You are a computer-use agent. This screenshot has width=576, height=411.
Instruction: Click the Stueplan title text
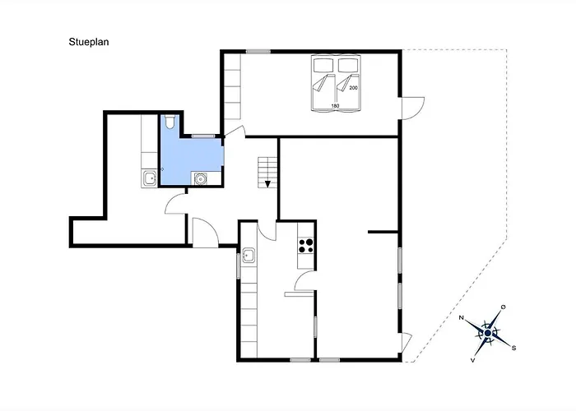tap(89, 42)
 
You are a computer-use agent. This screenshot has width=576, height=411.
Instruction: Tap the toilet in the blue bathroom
tap(170, 122)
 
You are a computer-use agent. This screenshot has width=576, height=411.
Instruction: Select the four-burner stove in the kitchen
tap(306, 246)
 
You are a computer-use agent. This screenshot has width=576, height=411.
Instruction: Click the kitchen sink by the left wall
tap(249, 255)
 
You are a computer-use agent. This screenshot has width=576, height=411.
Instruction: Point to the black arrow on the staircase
tap(267, 184)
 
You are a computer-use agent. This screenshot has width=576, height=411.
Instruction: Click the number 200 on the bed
tap(353, 88)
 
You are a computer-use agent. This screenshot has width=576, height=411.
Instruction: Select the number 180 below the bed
tap(335, 106)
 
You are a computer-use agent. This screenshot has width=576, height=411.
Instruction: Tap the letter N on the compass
tap(462, 318)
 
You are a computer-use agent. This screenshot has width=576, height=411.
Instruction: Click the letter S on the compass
tap(514, 348)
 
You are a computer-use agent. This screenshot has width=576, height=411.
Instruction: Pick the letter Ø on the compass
tap(504, 307)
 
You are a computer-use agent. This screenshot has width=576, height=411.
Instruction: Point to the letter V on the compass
tap(473, 360)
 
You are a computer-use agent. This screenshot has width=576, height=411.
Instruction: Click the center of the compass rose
tap(488, 333)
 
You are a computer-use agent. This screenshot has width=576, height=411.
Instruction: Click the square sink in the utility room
tap(150, 178)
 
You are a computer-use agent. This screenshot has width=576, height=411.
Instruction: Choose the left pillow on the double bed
tap(323, 66)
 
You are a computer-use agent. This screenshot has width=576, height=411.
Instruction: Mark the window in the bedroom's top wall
tap(258, 52)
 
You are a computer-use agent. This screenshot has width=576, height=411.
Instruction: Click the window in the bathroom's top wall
tap(203, 136)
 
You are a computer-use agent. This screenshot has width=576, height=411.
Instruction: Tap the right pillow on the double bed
tap(348, 66)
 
